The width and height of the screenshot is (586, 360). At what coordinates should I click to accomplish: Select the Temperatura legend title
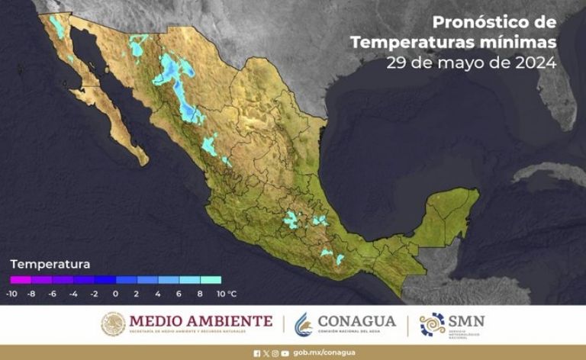pyautogui.click(x=50, y=264)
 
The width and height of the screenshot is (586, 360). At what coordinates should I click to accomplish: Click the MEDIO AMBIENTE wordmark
pyautogui.click(x=201, y=320)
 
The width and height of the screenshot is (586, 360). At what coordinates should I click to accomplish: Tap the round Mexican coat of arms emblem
pyautogui.click(x=113, y=324)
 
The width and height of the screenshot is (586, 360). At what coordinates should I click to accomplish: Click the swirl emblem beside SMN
pyautogui.click(x=433, y=324)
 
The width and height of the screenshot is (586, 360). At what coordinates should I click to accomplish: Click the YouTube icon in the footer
pyautogui.click(x=285, y=353)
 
